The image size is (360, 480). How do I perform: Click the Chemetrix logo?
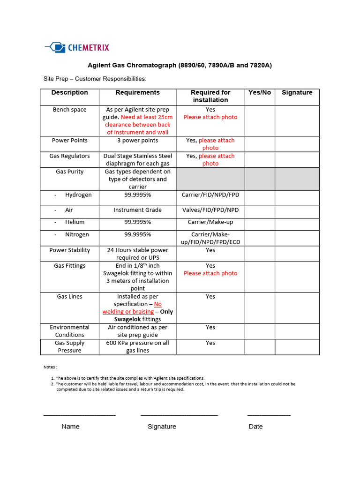pos(77,47)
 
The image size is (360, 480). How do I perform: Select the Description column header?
pos(69,93)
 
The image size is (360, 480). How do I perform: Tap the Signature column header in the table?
pos(297,93)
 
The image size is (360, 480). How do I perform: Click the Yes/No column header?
pos(260,93)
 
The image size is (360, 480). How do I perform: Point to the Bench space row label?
pos(69,110)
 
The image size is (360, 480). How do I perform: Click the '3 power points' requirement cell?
pos(137,141)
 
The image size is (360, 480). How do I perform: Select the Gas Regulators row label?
pos(69,156)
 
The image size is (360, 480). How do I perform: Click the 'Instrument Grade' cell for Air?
pos(137,210)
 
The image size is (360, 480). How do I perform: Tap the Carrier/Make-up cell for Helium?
pos(210,222)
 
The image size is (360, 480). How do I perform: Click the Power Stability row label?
pos(69,250)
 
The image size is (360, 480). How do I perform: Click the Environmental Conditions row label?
pos(69,331)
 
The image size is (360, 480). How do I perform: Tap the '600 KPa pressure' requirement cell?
pos(137,347)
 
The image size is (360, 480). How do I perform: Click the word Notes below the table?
pos(50,367)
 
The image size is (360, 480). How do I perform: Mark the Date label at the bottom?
pos(255,427)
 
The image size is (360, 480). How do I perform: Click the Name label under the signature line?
pos(70,427)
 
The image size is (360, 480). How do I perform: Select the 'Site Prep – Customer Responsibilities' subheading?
pos(95,79)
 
